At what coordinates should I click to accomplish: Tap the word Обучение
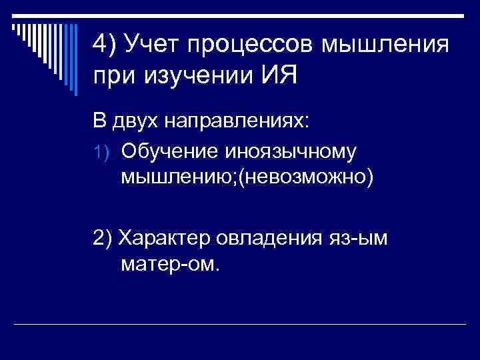point(163,151)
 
